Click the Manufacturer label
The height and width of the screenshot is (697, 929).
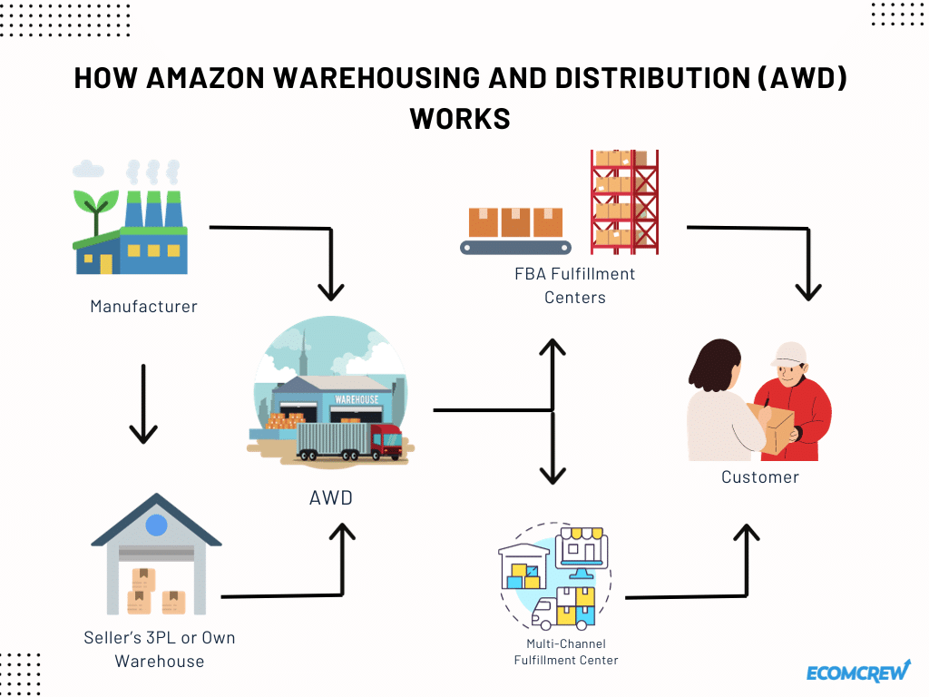pyautogui.click(x=143, y=307)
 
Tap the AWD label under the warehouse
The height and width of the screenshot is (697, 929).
pyautogui.click(x=331, y=498)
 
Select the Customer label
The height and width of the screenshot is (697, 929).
pyautogui.click(x=760, y=477)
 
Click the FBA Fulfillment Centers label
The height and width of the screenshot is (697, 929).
pyautogui.click(x=574, y=285)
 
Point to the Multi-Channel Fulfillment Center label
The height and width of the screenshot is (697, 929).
pyautogui.click(x=566, y=652)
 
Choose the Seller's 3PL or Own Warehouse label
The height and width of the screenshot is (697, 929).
pyautogui.click(x=160, y=649)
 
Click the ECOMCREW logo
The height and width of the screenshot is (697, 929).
pyautogui.click(x=858, y=672)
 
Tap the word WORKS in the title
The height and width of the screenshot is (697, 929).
pyautogui.click(x=460, y=119)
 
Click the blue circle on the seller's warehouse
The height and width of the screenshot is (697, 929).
pyautogui.click(x=156, y=525)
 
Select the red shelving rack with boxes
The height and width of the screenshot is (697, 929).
pyautogui.click(x=624, y=202)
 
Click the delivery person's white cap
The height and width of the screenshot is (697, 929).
pyautogui.click(x=788, y=354)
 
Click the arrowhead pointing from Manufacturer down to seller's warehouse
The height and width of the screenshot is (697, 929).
pyautogui.click(x=143, y=433)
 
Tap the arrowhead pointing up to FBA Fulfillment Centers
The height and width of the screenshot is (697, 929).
pyautogui.click(x=553, y=347)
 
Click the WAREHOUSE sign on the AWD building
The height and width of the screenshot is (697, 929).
pyautogui.click(x=357, y=399)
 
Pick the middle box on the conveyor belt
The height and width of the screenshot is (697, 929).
pyautogui.click(x=515, y=222)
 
